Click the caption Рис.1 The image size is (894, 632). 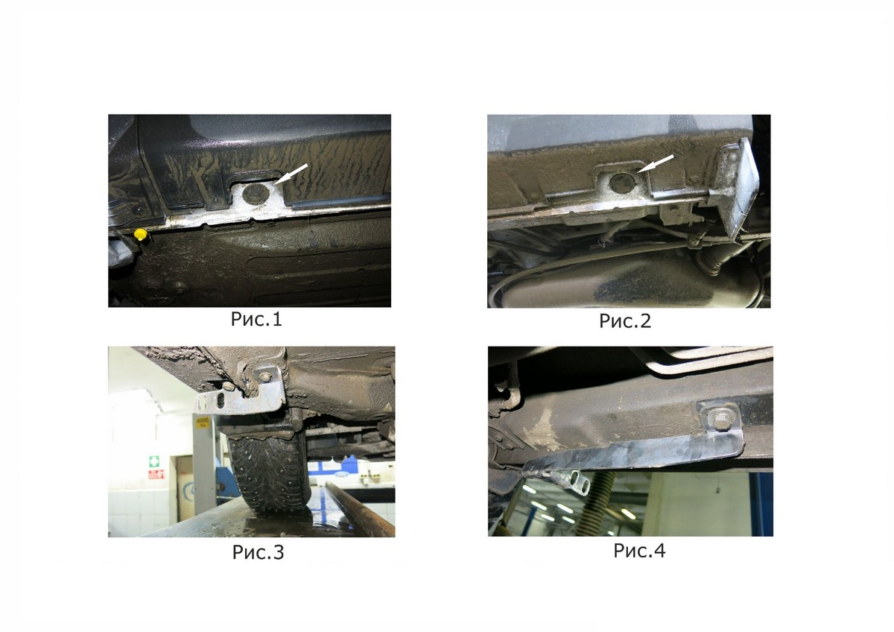pos(256,319)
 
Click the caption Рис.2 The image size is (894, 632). pos(625,321)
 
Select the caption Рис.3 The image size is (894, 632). pos(259,552)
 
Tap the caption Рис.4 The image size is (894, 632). pos(639,551)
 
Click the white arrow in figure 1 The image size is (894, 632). pos(291,174)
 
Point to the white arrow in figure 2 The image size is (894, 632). pos(656,164)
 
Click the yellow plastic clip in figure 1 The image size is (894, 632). pos(141,234)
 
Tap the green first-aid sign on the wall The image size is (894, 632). pos(154,461)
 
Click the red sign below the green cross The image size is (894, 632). pos(156,474)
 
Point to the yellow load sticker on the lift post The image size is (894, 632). pos(203,423)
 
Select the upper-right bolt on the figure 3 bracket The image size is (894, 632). pos(265,376)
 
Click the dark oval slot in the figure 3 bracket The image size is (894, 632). pos(221,400)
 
